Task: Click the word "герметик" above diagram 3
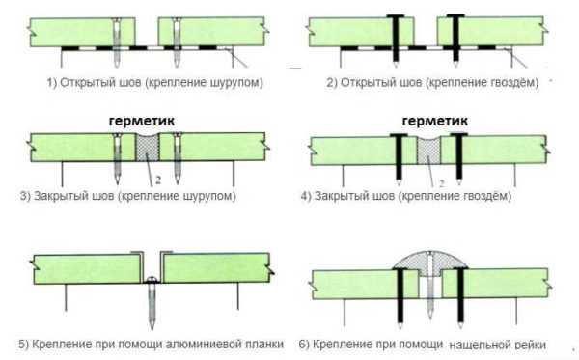click(x=142, y=122)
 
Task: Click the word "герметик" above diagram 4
click(x=434, y=121)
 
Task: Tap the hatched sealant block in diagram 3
click(x=148, y=147)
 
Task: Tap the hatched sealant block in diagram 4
click(x=428, y=151)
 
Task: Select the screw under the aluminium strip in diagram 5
click(x=152, y=302)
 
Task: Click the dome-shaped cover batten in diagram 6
click(x=429, y=261)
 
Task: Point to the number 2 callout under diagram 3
click(x=158, y=180)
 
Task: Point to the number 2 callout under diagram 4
click(x=442, y=182)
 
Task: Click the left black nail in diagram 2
click(x=395, y=40)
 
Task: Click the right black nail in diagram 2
click(x=455, y=40)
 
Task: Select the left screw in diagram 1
click(x=117, y=42)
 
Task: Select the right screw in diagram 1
click(x=177, y=42)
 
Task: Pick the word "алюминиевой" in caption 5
click(x=204, y=345)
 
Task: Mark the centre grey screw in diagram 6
click(x=429, y=285)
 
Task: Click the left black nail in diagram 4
click(x=399, y=159)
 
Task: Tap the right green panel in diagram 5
click(x=217, y=268)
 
